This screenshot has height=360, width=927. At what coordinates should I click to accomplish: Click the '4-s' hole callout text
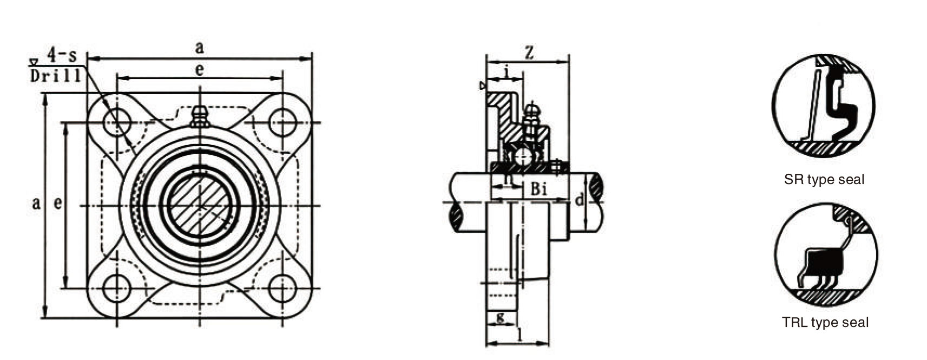61,55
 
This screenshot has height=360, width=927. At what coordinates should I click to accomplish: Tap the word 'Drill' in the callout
56,76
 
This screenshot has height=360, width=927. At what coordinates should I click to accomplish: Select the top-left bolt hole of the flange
117,122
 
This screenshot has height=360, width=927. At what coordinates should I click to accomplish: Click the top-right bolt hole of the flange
282,122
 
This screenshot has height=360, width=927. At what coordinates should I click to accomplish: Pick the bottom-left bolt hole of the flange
117,288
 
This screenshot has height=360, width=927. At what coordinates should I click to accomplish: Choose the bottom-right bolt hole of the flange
282,288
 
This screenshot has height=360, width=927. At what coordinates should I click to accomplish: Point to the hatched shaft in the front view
200,205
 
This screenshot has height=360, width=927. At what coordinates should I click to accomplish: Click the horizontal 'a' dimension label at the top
200,48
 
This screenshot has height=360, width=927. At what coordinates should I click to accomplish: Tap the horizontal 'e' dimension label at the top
200,70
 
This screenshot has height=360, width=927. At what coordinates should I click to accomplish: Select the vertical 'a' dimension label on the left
36,204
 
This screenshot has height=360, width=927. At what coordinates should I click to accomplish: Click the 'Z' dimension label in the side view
530,53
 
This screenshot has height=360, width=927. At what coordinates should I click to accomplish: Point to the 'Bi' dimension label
538,189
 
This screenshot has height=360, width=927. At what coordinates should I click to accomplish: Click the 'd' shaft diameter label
579,200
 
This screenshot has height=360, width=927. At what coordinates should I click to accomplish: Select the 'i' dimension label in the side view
506,70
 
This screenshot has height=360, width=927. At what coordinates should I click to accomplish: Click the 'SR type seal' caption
824,180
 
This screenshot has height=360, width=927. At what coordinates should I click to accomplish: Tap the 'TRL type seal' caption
825,323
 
